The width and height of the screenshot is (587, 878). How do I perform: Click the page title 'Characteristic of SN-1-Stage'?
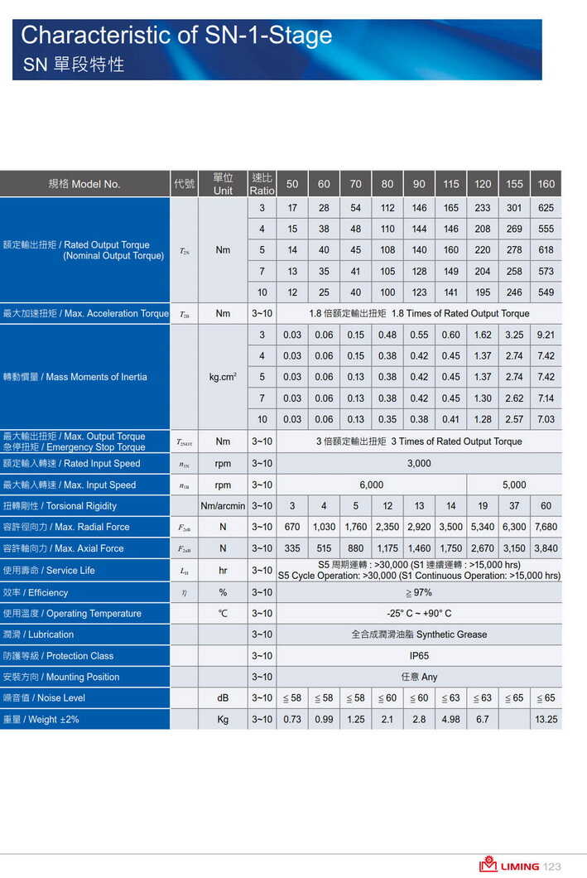tap(176, 36)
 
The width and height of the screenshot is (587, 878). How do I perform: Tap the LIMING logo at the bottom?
tap(508, 866)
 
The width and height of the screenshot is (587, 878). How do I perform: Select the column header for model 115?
tap(450, 184)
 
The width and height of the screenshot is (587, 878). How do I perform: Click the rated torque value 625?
tap(546, 208)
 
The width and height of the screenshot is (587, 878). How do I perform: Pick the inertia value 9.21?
tap(546, 335)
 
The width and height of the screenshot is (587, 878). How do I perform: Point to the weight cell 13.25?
tap(546, 719)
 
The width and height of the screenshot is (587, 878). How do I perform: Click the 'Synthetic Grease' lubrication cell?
tap(419, 634)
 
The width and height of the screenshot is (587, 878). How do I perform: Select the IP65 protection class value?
tap(419, 656)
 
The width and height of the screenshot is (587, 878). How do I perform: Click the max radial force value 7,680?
tap(546, 527)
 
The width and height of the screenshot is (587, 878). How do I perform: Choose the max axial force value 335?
tap(291, 548)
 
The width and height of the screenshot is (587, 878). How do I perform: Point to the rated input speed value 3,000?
tap(419, 464)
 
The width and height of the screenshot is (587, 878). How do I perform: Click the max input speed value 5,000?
tap(514, 485)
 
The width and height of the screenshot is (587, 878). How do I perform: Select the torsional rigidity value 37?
tap(514, 506)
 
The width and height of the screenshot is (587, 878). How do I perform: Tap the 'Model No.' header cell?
tap(84, 184)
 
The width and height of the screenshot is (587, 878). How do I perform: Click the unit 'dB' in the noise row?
tap(223, 698)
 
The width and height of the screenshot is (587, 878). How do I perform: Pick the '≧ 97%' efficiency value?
tap(419, 592)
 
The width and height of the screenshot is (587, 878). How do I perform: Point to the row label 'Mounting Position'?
tap(61, 677)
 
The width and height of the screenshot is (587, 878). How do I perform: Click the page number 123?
tap(552, 866)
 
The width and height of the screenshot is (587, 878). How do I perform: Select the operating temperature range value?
tap(419, 614)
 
